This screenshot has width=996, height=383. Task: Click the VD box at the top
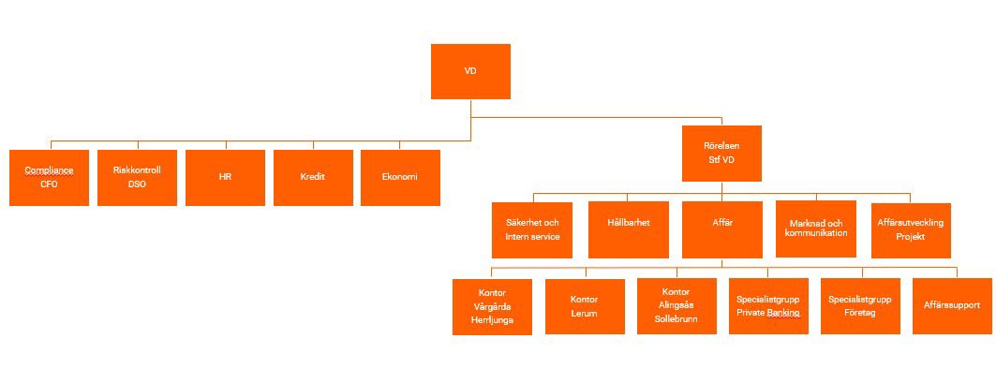click(470, 71)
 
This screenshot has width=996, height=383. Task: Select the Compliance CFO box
click(49, 178)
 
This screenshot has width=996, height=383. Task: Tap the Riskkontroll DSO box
click(137, 178)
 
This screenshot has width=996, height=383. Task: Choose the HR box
click(225, 178)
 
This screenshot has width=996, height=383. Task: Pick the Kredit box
click(313, 178)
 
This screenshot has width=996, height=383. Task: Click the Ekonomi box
click(400, 178)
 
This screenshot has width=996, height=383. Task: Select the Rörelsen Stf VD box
click(721, 154)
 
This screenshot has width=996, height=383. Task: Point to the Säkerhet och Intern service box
click(532, 230)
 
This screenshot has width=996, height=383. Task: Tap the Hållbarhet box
click(628, 230)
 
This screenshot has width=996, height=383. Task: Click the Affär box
click(721, 230)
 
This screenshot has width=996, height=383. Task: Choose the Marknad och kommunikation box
click(816, 228)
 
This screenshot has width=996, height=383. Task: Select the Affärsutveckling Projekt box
click(911, 230)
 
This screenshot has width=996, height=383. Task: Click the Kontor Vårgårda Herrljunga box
click(492, 307)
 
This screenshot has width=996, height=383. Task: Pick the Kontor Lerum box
click(585, 306)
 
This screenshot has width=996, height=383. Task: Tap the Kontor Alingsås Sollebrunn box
click(676, 305)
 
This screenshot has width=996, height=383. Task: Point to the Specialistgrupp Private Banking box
click(768, 305)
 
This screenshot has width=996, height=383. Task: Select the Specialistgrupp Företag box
click(860, 305)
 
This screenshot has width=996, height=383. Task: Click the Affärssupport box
click(951, 305)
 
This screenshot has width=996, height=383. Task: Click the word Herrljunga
click(493, 321)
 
